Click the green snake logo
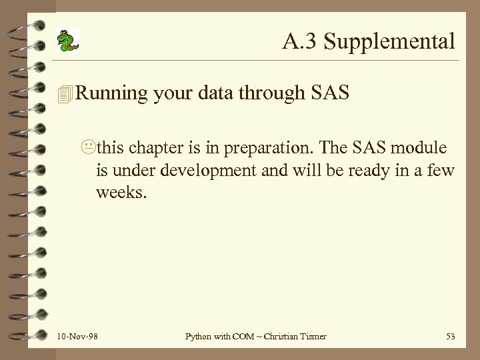[x=67, y=41]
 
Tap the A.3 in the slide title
[x=297, y=42]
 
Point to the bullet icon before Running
[x=64, y=95]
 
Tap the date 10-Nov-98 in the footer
[x=78, y=337]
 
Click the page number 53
[x=450, y=337]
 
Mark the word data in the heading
[x=215, y=94]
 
